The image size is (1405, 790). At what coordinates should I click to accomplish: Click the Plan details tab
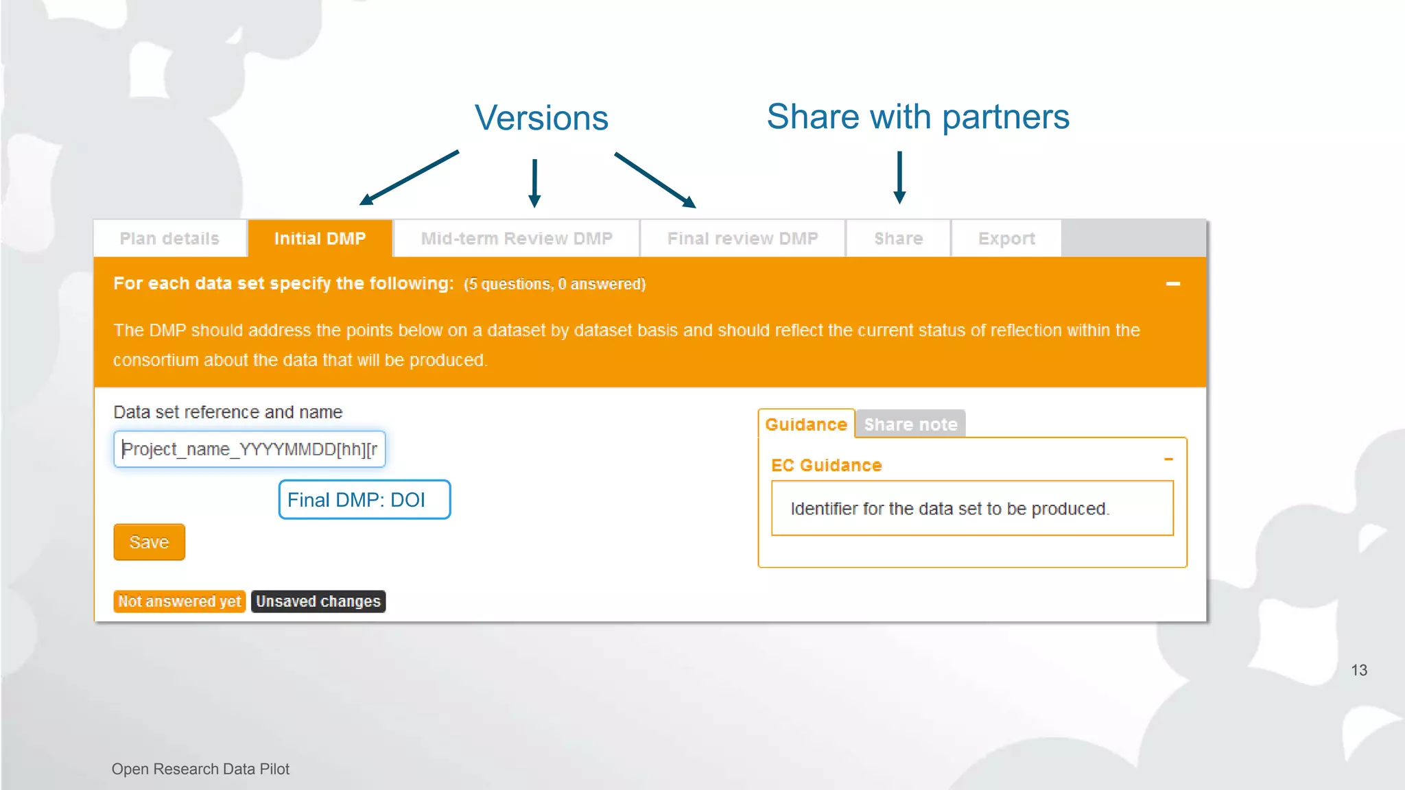click(x=169, y=239)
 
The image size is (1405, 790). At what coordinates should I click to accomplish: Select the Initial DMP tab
click(x=320, y=239)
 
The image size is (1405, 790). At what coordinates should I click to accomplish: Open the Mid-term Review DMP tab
click(x=517, y=239)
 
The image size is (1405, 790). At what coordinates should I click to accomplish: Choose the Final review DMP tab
click(x=742, y=239)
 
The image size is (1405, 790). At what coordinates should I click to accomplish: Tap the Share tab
click(x=898, y=239)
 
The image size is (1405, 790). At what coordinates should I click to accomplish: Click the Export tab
click(x=1006, y=239)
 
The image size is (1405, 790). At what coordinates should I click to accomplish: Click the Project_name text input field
click(x=250, y=449)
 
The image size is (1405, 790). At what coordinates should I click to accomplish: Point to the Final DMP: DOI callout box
click(x=364, y=500)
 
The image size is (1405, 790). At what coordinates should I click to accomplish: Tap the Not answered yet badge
click(x=179, y=601)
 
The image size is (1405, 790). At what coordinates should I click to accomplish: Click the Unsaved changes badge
click(x=318, y=601)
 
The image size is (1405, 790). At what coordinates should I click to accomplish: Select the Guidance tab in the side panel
click(x=806, y=424)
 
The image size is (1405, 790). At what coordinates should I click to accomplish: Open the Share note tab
click(x=910, y=424)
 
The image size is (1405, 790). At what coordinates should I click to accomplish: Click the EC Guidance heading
click(x=826, y=465)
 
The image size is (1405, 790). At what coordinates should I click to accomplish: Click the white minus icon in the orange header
click(x=1173, y=284)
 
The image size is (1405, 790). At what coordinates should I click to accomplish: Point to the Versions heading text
click(x=541, y=118)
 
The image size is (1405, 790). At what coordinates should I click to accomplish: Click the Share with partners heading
click(x=918, y=117)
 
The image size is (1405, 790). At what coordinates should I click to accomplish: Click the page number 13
click(x=1359, y=670)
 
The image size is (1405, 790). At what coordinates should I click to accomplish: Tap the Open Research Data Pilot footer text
click(x=200, y=769)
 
